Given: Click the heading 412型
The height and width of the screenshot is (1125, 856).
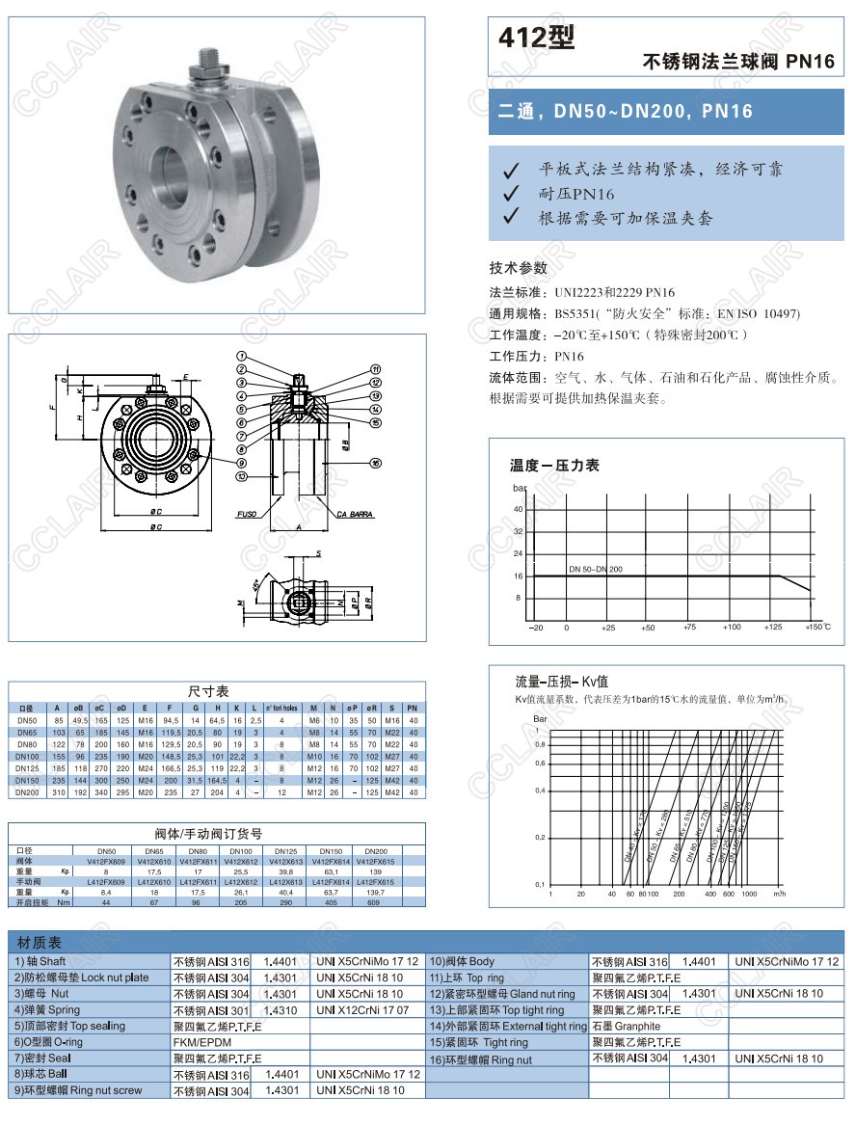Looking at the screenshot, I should click(536, 38).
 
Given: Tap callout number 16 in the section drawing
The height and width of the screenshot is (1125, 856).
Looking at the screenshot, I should click(376, 463).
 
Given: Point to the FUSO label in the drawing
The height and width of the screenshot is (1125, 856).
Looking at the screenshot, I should click(247, 515).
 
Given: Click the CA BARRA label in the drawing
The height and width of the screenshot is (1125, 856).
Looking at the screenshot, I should click(355, 515).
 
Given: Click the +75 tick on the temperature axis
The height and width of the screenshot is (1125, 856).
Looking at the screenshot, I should click(689, 628).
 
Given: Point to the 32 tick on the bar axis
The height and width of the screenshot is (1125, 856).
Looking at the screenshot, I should click(518, 531).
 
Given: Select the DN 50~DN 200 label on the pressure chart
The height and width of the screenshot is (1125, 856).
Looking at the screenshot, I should click(595, 569).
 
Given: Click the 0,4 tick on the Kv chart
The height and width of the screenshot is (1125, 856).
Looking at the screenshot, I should click(541, 790).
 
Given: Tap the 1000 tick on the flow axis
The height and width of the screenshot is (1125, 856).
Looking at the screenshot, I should click(748, 895).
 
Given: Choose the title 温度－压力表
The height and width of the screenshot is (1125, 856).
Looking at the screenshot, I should click(554, 466).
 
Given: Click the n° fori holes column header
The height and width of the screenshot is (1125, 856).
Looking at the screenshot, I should click(281, 709).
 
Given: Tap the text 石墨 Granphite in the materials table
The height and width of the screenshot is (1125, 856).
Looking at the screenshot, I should click(626, 1027).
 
